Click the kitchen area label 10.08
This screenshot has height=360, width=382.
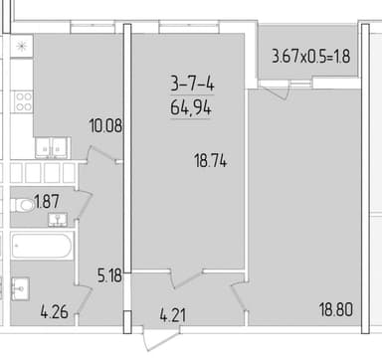[x=105, y=126]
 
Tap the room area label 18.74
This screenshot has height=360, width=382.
[x=211, y=162]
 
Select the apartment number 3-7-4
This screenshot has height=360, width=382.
[x=192, y=84]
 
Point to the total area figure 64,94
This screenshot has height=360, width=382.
[x=191, y=107]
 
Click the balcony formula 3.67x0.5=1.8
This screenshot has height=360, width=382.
[x=311, y=56]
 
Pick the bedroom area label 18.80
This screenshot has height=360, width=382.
[x=336, y=309]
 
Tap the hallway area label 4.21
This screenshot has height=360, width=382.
[x=173, y=314]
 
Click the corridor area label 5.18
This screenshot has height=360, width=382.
[x=109, y=275]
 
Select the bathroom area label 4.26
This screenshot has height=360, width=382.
[x=55, y=312]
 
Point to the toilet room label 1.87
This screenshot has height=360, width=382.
[x=47, y=202]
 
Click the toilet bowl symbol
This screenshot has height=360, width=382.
[x=23, y=205]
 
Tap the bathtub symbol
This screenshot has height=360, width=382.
[x=42, y=246]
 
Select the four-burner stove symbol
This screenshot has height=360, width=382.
[x=23, y=101]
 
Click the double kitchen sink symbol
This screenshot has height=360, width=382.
[x=52, y=148]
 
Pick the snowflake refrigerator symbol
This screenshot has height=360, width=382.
[x=22, y=46]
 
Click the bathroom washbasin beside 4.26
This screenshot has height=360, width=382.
[x=20, y=288]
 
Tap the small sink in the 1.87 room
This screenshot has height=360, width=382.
[x=58, y=220]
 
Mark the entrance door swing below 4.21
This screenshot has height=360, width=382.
[x=161, y=338]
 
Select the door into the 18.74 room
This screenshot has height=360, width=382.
[x=186, y=279]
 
